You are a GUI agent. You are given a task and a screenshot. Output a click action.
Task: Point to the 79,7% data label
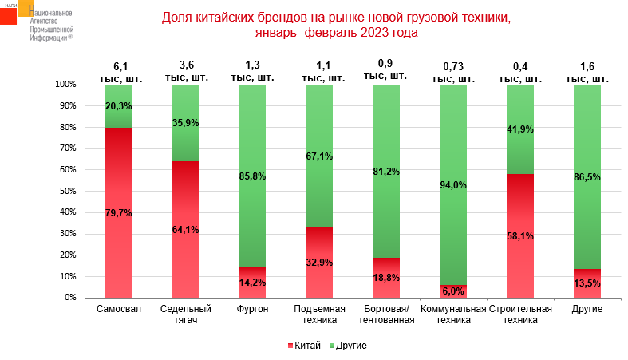pyautogui.click(x=118, y=213)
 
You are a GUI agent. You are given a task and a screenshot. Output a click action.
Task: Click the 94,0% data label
pyautogui.click(x=453, y=185)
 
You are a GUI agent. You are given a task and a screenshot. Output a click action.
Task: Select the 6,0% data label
pyautogui.click(x=453, y=291)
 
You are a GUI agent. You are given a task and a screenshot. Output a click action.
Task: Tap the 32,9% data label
pyautogui.click(x=319, y=262)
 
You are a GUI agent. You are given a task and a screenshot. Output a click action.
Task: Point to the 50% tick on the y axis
pyautogui.click(x=65, y=192)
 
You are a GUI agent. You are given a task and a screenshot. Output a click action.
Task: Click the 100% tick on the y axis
pyautogui.click(x=64, y=85)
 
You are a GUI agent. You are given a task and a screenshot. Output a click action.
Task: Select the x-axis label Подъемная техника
pyautogui.click(x=319, y=315)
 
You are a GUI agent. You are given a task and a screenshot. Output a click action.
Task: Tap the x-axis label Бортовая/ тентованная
pyautogui.click(x=386, y=315)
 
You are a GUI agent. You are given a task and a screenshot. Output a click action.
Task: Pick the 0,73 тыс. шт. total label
pyautogui.click(x=453, y=72)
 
